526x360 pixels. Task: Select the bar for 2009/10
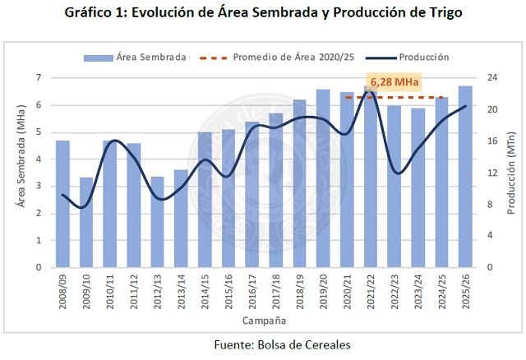point(86,222)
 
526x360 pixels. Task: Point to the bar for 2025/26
point(465,177)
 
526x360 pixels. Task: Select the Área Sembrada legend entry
point(135,58)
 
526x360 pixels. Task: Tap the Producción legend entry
point(411,58)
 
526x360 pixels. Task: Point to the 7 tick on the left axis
point(39,78)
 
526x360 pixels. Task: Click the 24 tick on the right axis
point(491,78)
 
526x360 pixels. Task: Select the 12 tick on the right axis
point(491,173)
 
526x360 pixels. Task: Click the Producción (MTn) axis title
point(511,173)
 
